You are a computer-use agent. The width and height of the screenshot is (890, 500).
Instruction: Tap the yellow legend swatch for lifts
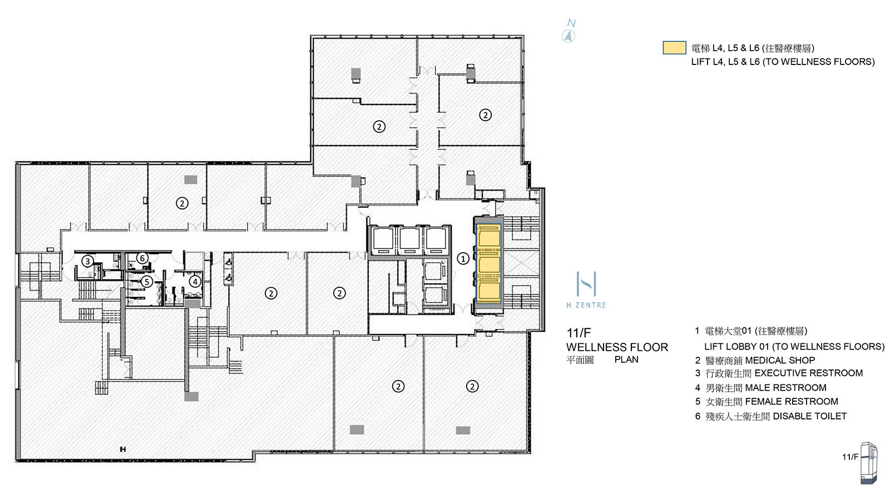[674, 48]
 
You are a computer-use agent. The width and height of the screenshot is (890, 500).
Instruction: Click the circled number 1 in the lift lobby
[463, 258]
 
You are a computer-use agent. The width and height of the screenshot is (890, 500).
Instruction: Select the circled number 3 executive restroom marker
[87, 261]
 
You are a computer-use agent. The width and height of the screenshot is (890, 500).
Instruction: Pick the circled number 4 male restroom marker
[195, 281]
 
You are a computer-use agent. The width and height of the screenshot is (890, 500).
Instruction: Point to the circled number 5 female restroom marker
[147, 282]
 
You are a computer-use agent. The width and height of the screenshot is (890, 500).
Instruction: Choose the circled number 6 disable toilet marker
[142, 258]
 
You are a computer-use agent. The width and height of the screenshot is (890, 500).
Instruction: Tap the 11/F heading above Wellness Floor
[578, 333]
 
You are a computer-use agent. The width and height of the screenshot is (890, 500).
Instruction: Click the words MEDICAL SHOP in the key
[780, 360]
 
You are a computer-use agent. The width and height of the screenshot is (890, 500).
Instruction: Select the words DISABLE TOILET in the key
[809, 416]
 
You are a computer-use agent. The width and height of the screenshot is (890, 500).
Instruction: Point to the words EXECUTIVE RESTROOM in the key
[808, 373]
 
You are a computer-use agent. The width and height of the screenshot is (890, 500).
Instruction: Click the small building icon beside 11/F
[869, 462]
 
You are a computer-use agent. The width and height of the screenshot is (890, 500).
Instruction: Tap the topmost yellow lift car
[489, 237]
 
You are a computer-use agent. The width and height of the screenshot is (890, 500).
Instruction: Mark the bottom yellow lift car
[489, 292]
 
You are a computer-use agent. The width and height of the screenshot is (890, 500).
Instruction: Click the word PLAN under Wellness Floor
[626, 359]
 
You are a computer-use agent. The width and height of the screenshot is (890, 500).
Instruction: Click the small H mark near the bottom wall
[122, 449]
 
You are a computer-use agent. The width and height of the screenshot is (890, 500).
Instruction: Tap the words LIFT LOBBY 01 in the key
[736, 346]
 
